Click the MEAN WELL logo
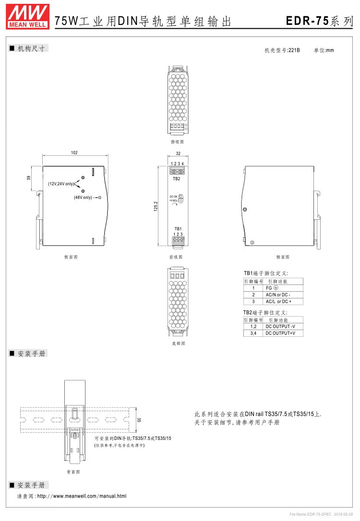[x=27, y=15]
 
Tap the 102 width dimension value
[x=74, y=153]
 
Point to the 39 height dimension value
[x=29, y=178]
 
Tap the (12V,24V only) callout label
[x=60, y=184]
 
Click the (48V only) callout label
[x=83, y=197]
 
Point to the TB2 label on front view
[x=176, y=179]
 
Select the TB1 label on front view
[x=178, y=228]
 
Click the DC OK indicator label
[x=173, y=197]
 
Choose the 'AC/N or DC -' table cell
[x=278, y=295]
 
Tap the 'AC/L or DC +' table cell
[x=278, y=301]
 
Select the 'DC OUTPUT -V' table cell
[x=281, y=326]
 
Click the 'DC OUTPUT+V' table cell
[x=281, y=333]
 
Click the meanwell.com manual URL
[x=82, y=496]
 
